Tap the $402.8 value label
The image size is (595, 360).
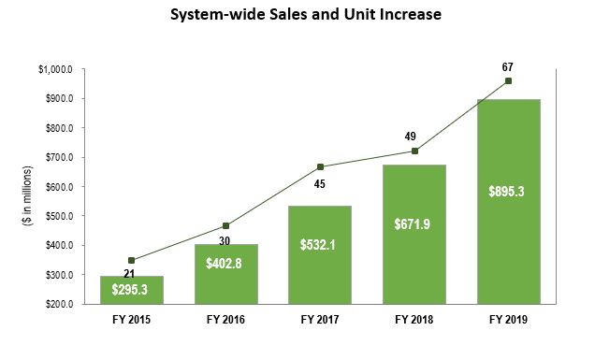(225, 264)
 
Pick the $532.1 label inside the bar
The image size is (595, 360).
(320, 245)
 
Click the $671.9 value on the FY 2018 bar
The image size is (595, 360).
(414, 224)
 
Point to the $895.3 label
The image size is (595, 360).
(508, 191)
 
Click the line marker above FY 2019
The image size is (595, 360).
(508, 81)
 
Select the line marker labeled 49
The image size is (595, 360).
(414, 151)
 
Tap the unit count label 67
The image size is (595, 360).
(508, 66)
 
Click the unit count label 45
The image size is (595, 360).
(320, 183)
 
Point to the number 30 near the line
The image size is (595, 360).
(225, 240)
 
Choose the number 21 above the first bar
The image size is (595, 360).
(132, 274)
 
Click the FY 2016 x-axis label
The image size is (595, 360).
(225, 321)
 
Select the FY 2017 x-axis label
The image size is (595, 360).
(320, 321)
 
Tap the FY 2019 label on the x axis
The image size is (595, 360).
(508, 321)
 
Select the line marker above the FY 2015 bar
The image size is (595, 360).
(132, 260)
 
